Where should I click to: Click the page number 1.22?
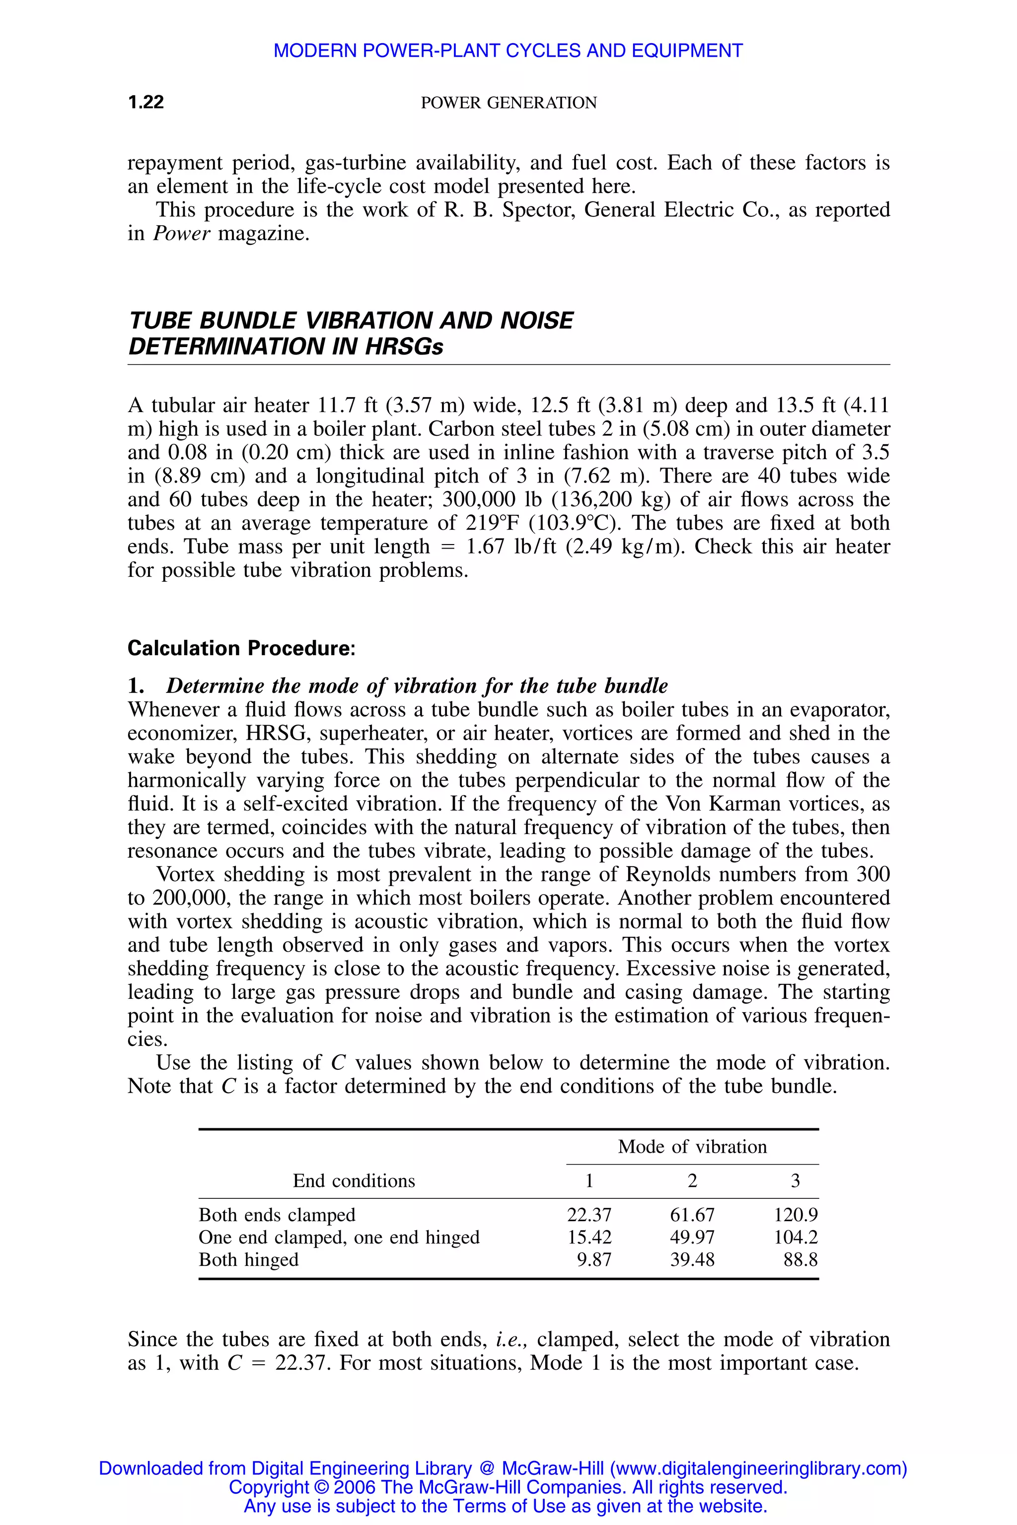pos(146,102)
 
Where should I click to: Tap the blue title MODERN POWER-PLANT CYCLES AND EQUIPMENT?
pos(508,51)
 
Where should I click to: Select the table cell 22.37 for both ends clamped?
pos(589,1214)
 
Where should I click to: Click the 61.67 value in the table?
pos(692,1214)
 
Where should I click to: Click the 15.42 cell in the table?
pos(589,1237)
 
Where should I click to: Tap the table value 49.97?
pos(692,1237)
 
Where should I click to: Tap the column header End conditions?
pos(354,1180)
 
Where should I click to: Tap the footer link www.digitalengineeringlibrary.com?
pos(758,1468)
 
